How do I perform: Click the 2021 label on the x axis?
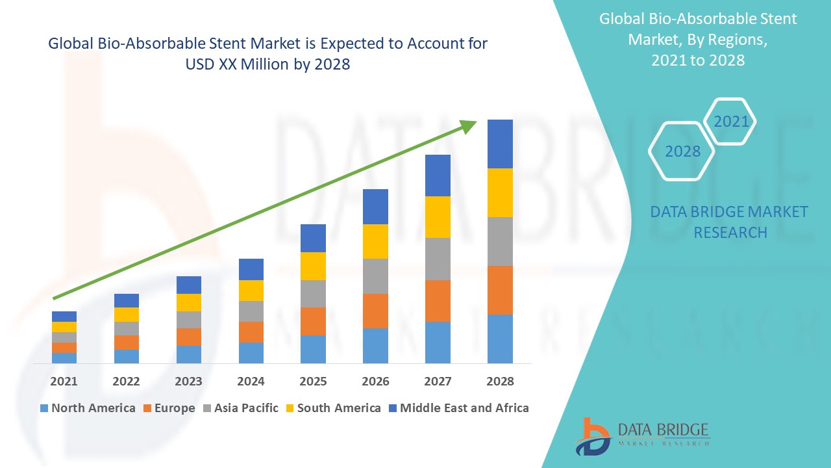64,381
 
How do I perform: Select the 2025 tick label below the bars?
313,381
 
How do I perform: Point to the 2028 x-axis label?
500,381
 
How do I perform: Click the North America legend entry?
88,408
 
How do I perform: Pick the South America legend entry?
332,408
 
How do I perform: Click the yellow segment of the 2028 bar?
500,192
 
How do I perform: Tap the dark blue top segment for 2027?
438,175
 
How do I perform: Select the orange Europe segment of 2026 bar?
375,311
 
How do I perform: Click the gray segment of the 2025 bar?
313,294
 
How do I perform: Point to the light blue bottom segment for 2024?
251,352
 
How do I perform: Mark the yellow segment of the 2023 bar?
189,302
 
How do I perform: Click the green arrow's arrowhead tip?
475,122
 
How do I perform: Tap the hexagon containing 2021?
730,122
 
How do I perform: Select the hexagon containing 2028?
682,151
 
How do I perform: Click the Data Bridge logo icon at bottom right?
592,435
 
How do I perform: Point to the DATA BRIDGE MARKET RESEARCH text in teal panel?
729,222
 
